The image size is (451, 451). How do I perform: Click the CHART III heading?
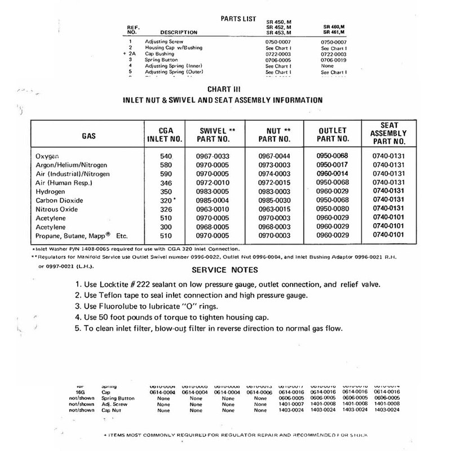[x=225, y=89]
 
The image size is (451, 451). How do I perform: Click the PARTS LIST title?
[x=236, y=19]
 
